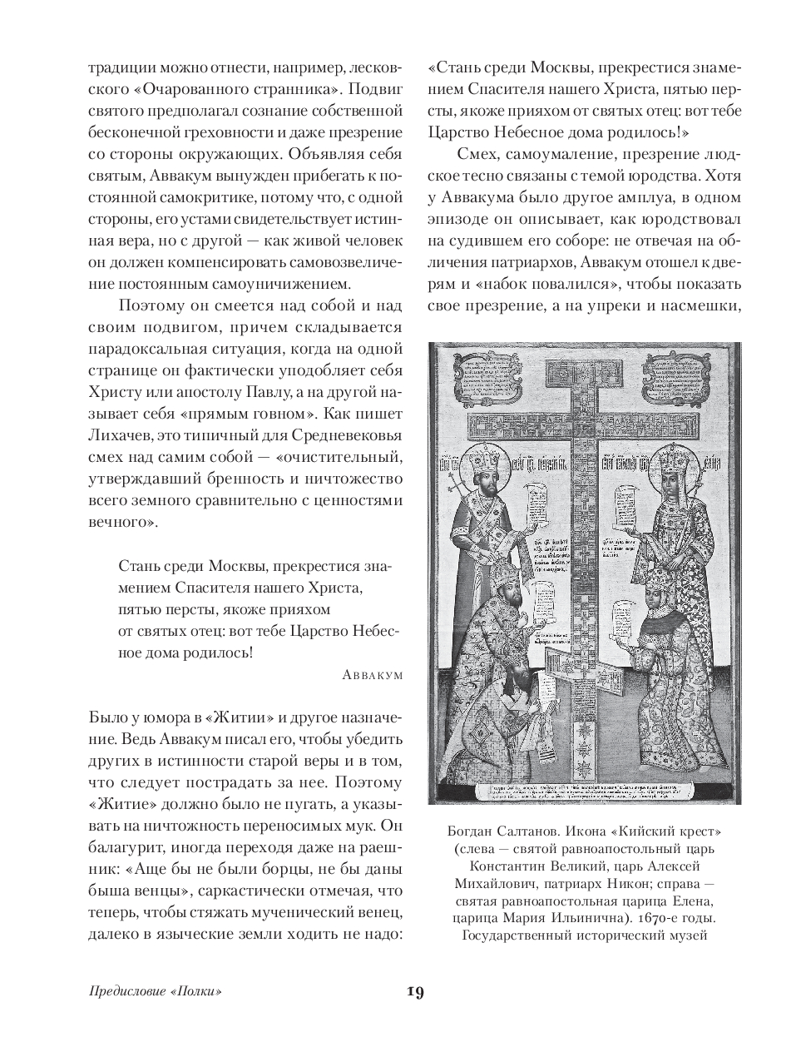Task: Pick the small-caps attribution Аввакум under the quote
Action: click(x=372, y=675)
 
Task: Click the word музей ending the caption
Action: click(x=685, y=935)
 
